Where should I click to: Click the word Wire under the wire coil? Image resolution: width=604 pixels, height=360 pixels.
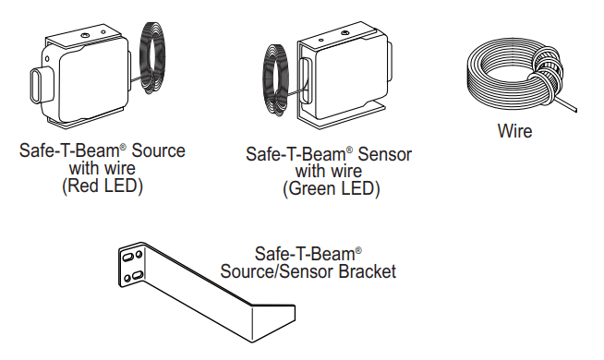tap(514, 131)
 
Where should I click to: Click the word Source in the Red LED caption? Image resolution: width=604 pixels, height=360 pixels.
tap(159, 150)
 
